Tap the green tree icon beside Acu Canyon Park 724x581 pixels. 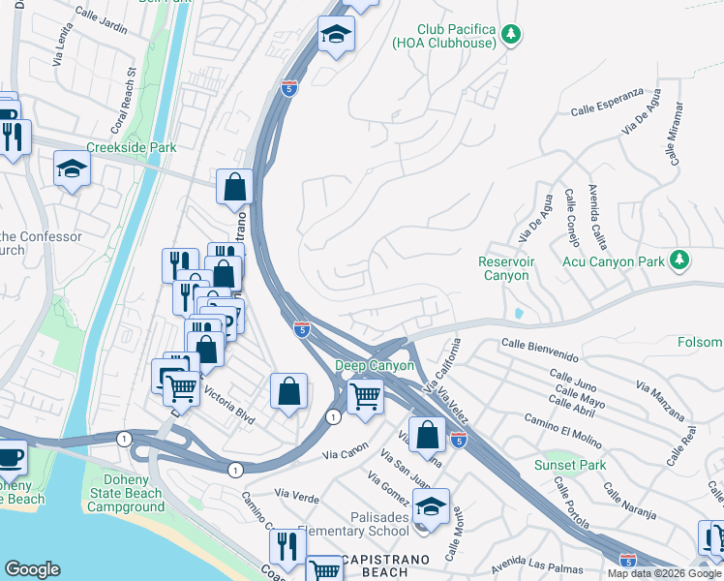click(x=679, y=260)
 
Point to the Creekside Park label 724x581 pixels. click(x=132, y=147)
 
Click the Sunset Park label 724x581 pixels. click(x=570, y=465)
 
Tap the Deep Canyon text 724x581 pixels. click(x=375, y=365)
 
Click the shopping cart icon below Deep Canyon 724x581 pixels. click(x=365, y=394)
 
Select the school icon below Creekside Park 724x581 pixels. click(x=72, y=169)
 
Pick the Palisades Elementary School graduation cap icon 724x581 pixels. click(x=431, y=504)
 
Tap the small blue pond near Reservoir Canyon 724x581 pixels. click(x=519, y=314)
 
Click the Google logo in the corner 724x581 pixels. click(x=32, y=568)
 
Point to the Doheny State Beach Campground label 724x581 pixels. click(x=122, y=493)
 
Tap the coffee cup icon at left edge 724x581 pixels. click(x=10, y=456)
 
